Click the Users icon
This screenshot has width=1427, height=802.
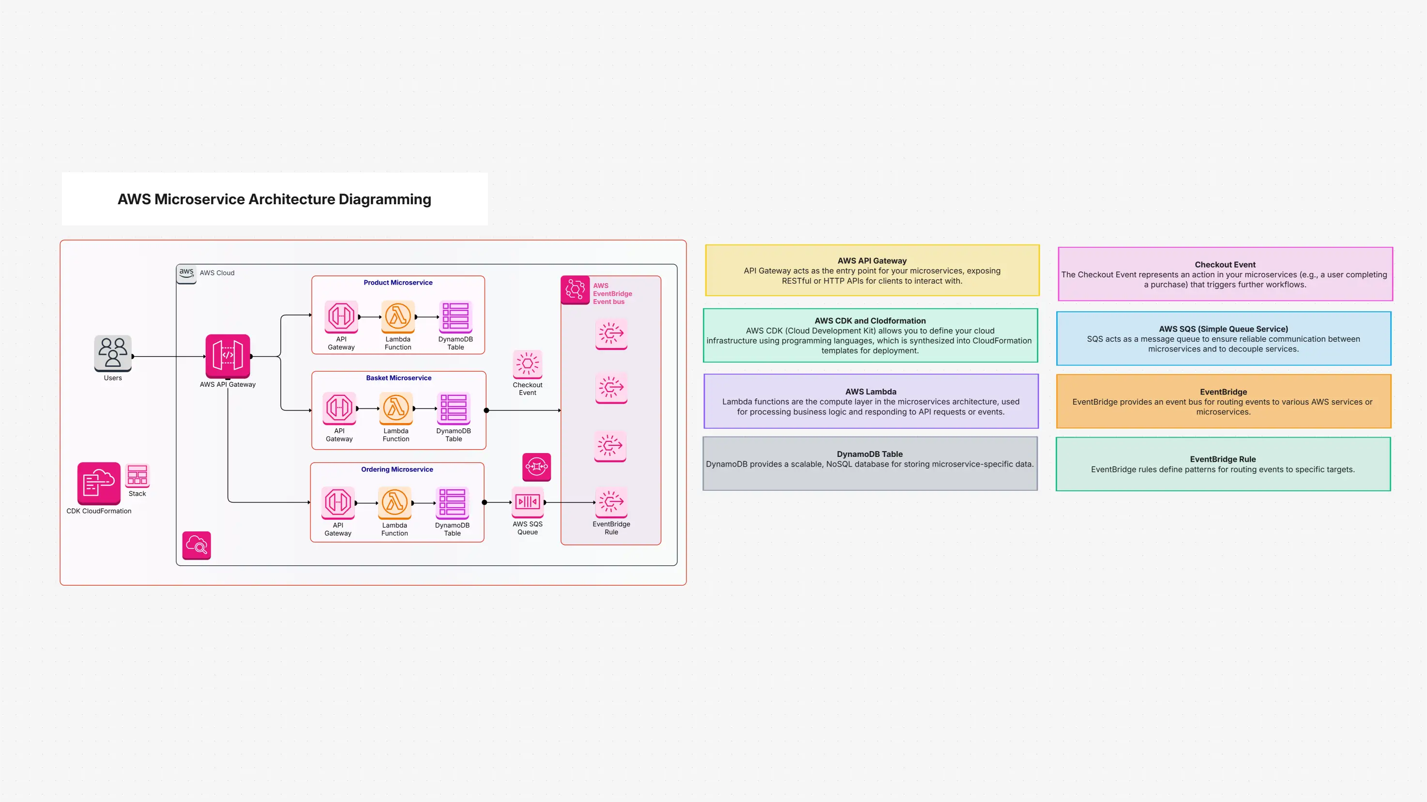112,352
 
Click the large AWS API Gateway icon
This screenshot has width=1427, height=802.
228,356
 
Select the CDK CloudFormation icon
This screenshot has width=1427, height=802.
99,483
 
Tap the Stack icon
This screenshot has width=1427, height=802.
137,475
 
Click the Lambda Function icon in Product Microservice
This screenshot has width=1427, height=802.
398,316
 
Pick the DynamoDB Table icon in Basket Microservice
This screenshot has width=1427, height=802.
453,408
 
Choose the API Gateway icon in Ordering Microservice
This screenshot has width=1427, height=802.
338,502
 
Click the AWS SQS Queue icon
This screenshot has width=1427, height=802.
527,502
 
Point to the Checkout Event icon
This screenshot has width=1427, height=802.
527,364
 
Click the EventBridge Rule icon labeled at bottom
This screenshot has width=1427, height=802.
611,502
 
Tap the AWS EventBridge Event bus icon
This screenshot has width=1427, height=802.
575,289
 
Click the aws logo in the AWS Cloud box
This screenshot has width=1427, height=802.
186,272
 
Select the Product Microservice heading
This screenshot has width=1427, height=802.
398,283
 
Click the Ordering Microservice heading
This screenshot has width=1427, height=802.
396,469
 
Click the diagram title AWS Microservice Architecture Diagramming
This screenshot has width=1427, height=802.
274,199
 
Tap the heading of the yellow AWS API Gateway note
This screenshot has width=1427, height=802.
872,261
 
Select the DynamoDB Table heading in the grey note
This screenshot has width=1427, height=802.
869,454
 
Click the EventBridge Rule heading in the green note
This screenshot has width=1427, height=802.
1223,459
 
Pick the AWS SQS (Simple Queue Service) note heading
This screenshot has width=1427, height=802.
1223,329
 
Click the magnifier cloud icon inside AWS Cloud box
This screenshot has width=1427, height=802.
197,545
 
